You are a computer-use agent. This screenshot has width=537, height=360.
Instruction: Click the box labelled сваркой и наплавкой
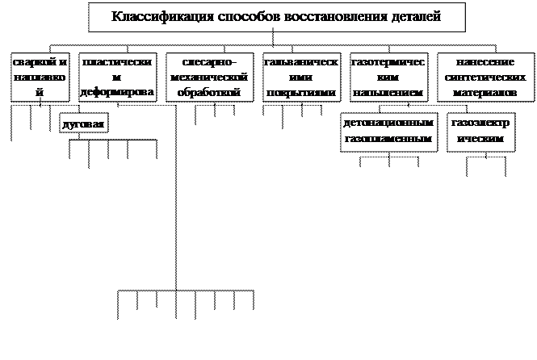pyautogui.click(x=40, y=77)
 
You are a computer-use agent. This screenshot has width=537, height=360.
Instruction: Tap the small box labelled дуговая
pyautogui.click(x=84, y=125)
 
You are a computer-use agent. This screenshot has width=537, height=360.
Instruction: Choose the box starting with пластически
pyautogui.click(x=117, y=77)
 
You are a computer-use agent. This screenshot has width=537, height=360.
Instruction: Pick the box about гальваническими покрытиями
pyautogui.click(x=300, y=77)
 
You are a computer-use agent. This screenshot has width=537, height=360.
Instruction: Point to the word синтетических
pyautogui.click(x=485, y=77)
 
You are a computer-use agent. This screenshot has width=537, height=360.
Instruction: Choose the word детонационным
pyautogui.click(x=388, y=124)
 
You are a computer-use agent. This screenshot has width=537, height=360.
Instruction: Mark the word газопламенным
pyautogui.click(x=388, y=139)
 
